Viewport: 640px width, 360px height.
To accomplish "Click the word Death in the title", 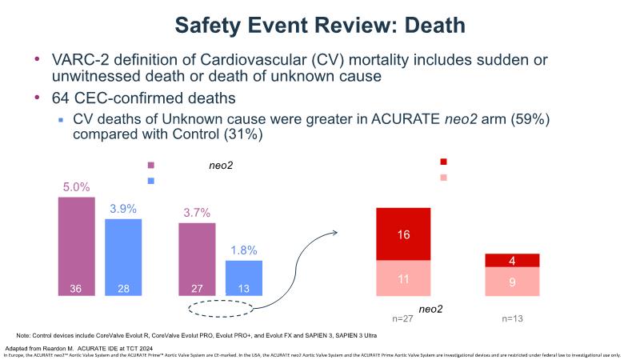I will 426,26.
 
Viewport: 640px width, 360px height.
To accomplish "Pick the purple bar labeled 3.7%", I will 196,260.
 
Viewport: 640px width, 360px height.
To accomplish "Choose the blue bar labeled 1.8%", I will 243,278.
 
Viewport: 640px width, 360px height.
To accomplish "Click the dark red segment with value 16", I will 404,234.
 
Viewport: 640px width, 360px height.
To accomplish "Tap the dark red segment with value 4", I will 512,260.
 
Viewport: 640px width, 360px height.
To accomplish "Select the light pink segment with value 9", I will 512,282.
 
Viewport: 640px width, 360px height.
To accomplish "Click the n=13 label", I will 512,319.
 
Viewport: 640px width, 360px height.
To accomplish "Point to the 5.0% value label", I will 76,188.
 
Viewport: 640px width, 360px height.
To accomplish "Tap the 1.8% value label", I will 243,250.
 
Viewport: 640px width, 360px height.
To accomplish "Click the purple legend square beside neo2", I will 150,166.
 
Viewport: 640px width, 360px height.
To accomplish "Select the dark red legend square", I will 444,162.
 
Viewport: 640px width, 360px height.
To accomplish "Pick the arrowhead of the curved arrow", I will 334,231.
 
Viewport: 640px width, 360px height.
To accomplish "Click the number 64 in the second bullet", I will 61,98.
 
